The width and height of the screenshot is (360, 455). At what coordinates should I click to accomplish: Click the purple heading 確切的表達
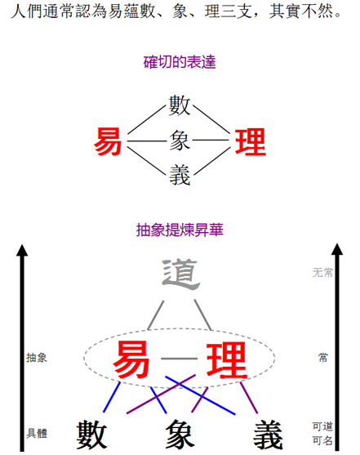(180, 62)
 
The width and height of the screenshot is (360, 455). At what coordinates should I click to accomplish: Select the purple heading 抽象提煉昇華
(180, 230)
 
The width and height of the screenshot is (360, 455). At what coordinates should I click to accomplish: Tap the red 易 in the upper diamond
(108, 141)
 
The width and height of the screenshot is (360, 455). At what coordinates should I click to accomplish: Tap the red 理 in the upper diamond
(251, 142)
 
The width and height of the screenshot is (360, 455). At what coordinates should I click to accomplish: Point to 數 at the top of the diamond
(180, 105)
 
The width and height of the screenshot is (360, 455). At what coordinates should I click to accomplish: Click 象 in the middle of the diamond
(180, 141)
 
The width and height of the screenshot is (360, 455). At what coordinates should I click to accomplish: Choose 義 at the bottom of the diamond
(180, 175)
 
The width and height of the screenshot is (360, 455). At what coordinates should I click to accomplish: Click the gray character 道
(180, 274)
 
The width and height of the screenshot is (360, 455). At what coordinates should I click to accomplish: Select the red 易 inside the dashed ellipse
(131, 359)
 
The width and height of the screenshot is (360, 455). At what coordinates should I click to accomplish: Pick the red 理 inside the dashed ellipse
(227, 359)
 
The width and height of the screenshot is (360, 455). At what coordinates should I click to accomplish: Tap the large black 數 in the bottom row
(91, 435)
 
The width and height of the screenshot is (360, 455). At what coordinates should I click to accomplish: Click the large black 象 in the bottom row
(180, 435)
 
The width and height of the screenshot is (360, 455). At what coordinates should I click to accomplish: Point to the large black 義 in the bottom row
(268, 435)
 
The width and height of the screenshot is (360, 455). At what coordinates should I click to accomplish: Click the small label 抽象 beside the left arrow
(37, 358)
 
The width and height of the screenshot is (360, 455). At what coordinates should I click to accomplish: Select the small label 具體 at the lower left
(37, 433)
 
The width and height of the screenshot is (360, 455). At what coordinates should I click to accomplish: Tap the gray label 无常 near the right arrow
(322, 273)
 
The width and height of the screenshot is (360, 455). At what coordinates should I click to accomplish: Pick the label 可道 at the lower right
(322, 426)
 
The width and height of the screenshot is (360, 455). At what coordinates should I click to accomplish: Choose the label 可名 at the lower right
(322, 440)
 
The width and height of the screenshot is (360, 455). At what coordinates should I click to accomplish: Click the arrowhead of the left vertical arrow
(22, 250)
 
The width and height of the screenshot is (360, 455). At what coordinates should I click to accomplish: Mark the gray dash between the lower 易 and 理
(179, 359)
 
